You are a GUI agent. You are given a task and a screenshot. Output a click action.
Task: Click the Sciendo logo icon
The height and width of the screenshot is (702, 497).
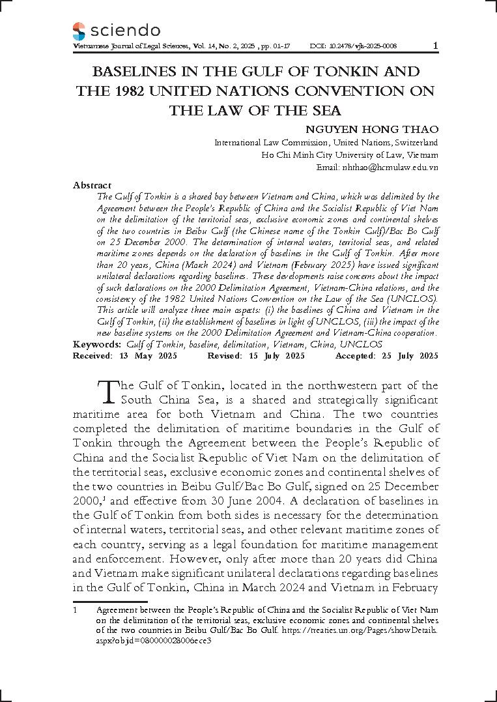coord(79,31)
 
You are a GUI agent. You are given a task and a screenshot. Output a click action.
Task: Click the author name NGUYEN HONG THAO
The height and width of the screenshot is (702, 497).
coord(372,129)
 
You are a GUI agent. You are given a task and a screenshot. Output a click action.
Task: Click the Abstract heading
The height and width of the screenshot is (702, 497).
coord(92,185)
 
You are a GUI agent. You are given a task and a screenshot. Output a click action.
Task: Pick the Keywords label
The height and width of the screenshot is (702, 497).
coord(97,344)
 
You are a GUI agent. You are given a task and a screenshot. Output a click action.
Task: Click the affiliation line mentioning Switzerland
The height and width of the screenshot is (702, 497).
coord(326,143)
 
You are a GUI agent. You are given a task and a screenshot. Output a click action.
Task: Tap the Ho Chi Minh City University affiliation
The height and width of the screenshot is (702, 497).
coord(349,155)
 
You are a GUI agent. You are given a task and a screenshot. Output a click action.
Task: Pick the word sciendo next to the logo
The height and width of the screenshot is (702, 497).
coord(126,31)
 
